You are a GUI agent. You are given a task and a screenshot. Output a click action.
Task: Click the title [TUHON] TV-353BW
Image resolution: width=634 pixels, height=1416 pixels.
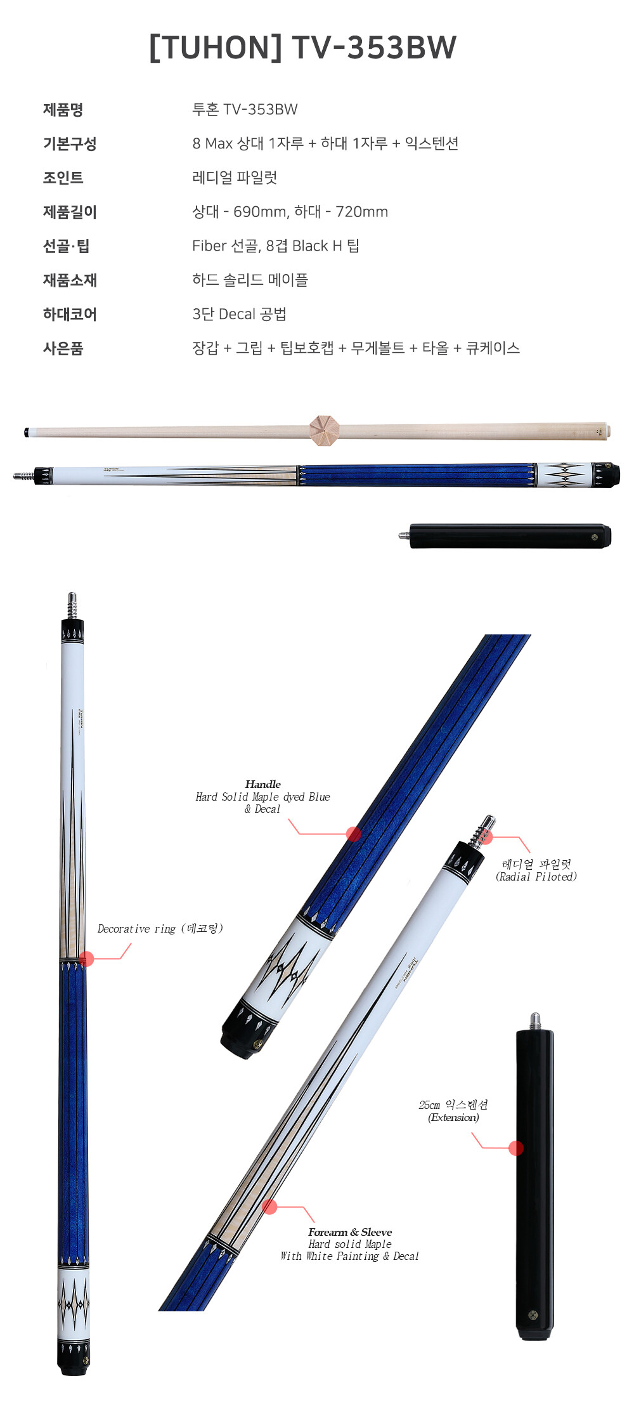pos(303,48)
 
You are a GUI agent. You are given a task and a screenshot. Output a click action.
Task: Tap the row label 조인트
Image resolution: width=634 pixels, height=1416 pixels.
pos(63,178)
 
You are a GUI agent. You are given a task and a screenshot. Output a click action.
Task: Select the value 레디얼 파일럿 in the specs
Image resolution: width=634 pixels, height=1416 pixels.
pos(235,178)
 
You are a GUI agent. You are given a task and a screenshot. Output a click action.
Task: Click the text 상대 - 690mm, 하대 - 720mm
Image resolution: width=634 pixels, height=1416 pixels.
pos(290,212)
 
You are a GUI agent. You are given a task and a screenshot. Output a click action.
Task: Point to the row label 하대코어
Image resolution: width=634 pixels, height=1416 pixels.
pos(70,314)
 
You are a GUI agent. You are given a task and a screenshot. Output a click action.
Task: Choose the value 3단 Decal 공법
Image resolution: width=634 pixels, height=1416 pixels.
pos(240,314)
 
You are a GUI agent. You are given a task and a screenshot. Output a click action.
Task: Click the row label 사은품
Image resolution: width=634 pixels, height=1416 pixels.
pos(63,348)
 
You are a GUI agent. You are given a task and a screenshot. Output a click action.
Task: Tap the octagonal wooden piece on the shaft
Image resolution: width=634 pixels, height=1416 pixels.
pos(325,431)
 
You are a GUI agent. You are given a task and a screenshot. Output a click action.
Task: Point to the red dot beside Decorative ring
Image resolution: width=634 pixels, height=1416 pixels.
pos(87,959)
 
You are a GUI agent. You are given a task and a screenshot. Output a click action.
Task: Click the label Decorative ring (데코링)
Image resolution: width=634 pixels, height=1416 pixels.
pos(160,929)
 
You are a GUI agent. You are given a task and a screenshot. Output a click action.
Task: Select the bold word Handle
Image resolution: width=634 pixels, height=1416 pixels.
pos(263,784)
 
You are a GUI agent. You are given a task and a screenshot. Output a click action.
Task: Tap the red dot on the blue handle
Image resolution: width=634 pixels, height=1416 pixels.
pos(354,834)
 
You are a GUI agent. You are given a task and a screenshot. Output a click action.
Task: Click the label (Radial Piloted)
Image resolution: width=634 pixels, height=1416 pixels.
pos(536,877)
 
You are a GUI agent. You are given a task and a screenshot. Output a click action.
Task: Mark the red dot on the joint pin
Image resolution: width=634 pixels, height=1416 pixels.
pos(486,837)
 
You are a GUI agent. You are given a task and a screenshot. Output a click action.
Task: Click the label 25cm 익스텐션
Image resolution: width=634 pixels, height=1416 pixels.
pos(453,1105)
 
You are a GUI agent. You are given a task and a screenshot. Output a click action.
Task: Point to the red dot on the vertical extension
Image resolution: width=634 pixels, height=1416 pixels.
pos(516,1148)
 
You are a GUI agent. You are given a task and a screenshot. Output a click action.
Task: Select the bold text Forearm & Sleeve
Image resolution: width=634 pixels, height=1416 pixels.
pos(350,1232)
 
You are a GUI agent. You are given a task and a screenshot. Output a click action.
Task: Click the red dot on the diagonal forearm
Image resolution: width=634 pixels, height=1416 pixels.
pos(269,1206)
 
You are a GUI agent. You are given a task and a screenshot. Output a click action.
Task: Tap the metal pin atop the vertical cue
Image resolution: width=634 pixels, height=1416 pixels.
pos(72,605)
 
